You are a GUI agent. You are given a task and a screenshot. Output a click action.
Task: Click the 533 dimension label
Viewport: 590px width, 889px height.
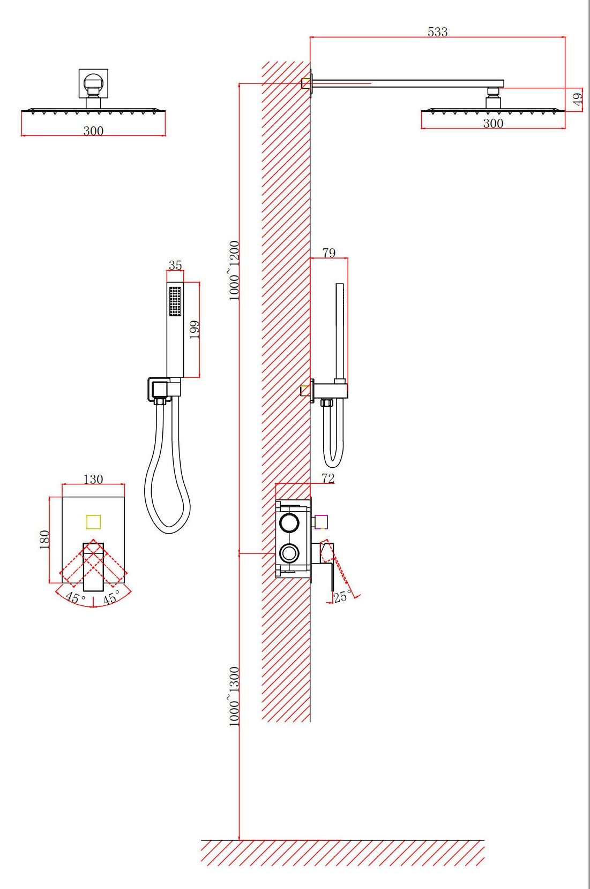(x=437, y=32)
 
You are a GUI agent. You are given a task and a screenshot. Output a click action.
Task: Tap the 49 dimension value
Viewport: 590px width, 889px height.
(x=578, y=97)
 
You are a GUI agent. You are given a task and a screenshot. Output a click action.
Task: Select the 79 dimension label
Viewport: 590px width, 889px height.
(x=329, y=253)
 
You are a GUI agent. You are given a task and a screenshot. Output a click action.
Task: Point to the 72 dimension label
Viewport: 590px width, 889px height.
(x=328, y=478)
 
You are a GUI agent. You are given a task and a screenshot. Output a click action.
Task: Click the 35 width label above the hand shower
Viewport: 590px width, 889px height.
(x=175, y=265)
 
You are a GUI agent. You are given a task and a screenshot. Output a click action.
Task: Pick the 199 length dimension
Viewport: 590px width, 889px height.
(x=195, y=329)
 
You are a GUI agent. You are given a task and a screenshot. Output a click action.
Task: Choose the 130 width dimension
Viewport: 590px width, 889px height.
(x=93, y=479)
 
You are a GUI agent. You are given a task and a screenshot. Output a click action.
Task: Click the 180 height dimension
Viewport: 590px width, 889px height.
(x=44, y=540)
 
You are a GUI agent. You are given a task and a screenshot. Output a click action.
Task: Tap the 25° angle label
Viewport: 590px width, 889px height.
(x=342, y=597)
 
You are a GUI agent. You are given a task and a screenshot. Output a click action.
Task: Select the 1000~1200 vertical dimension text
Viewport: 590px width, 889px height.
(x=234, y=271)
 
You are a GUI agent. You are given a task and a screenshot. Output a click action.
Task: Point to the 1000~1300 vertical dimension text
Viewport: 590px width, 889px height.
(x=234, y=696)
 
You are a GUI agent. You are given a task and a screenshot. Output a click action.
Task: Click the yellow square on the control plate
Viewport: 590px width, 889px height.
(x=93, y=522)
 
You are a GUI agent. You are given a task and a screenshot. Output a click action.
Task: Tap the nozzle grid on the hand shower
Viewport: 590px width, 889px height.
(x=175, y=301)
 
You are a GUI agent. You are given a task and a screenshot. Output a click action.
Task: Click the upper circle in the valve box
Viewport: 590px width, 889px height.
(x=289, y=522)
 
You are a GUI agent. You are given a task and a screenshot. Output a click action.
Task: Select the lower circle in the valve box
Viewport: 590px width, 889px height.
(x=289, y=553)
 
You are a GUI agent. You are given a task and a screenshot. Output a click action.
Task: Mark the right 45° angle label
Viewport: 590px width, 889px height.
(x=111, y=597)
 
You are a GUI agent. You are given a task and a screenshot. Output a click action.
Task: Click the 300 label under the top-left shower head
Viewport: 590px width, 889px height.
(x=93, y=131)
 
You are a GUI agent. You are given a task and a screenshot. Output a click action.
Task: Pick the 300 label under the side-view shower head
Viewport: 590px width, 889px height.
(x=493, y=123)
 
